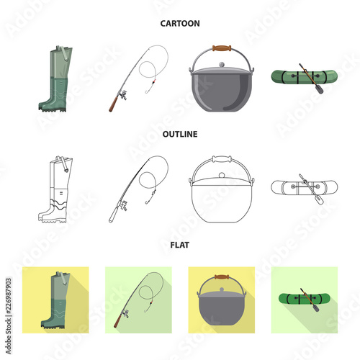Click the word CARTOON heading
pyautogui.click(x=180, y=23)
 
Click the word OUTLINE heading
pyautogui.click(x=180, y=133)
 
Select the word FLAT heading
pyautogui.click(x=180, y=243)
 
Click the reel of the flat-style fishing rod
pyautogui.click(x=124, y=315)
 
